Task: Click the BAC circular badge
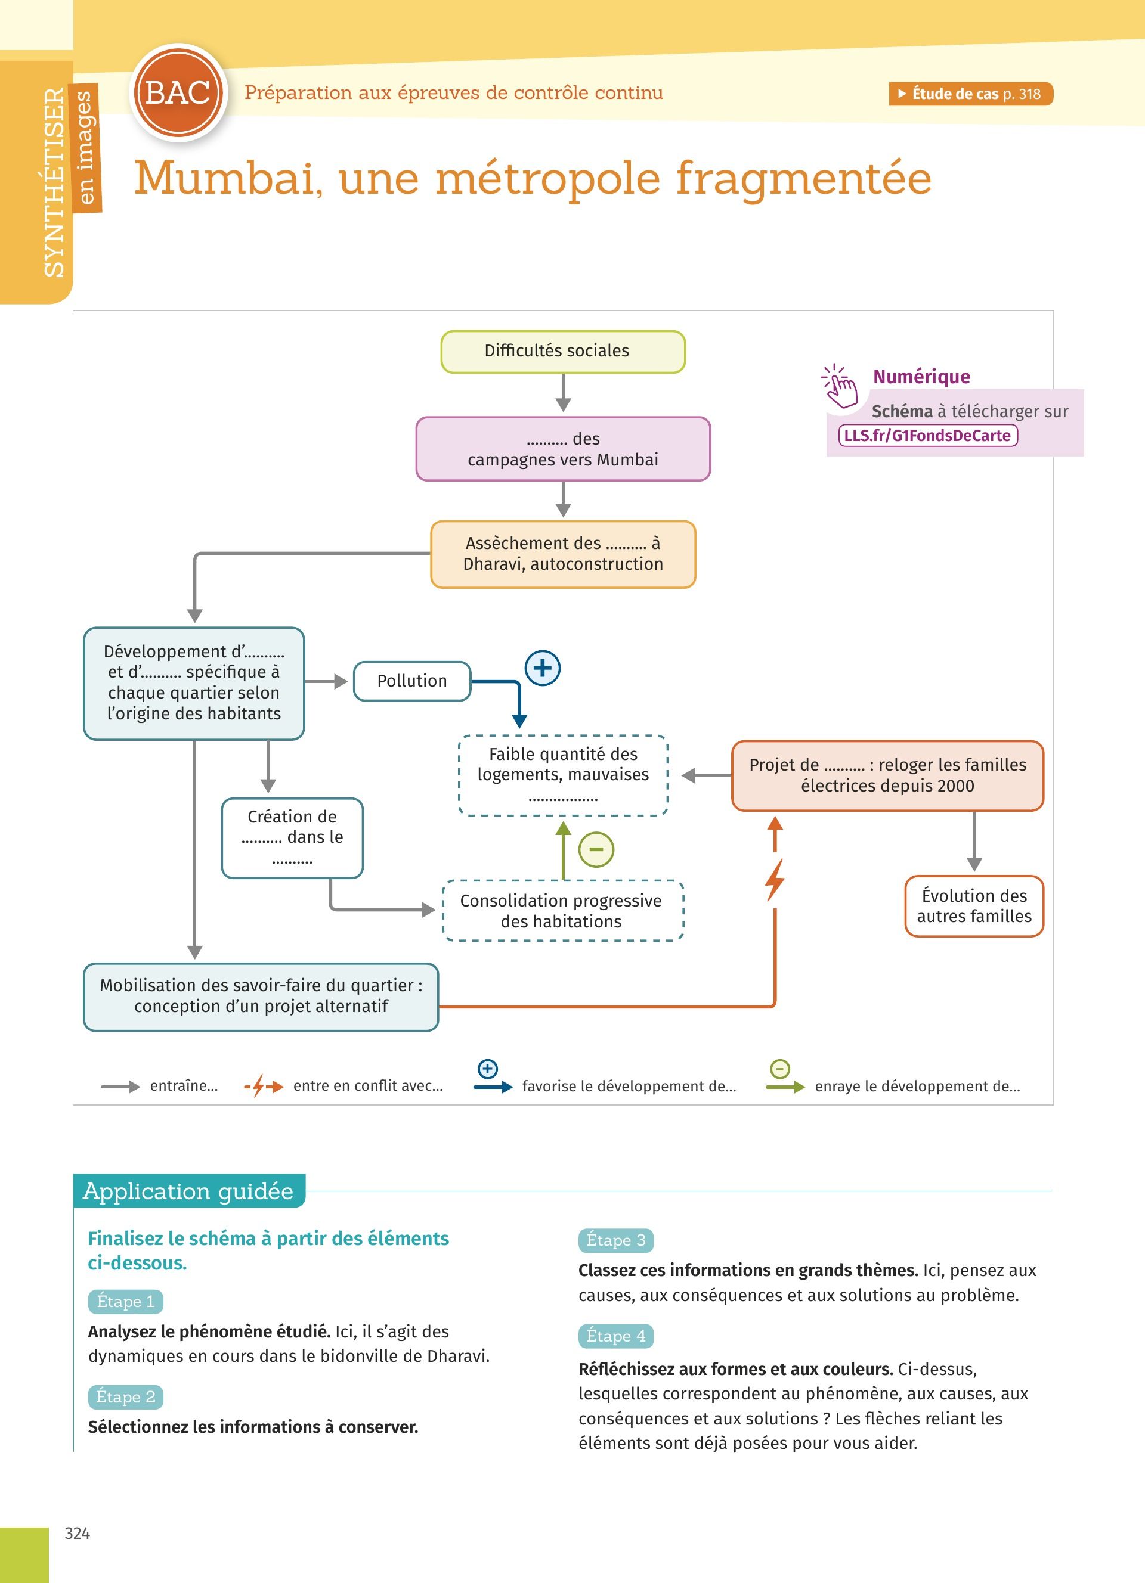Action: click(179, 93)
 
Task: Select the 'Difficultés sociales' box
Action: click(563, 352)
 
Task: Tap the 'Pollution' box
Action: click(412, 681)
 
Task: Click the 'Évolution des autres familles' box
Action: click(974, 906)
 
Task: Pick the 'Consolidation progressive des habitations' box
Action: click(563, 911)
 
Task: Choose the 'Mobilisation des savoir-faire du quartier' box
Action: click(261, 996)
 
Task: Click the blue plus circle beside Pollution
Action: click(543, 668)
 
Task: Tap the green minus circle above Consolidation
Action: click(596, 849)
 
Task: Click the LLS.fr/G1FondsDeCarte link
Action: click(927, 436)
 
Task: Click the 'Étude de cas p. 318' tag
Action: click(970, 94)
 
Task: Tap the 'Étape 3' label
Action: click(615, 1240)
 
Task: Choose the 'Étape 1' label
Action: click(126, 1302)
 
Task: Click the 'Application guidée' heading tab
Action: click(188, 1191)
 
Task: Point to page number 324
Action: click(78, 1534)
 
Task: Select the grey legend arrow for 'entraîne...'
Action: click(120, 1087)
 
